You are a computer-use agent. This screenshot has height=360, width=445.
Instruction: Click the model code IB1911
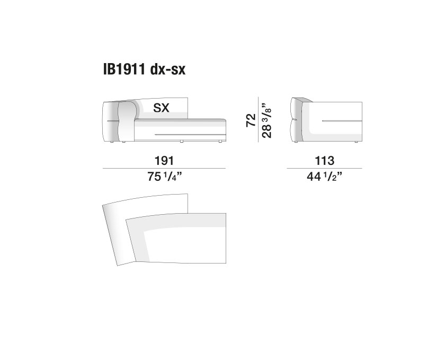124,69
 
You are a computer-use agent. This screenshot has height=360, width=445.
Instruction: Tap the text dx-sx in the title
168,69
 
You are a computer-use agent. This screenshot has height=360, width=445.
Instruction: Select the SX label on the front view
161,108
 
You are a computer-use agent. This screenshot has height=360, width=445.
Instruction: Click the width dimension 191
164,161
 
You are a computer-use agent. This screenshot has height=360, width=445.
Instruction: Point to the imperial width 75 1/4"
164,177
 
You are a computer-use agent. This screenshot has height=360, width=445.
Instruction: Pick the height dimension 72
251,120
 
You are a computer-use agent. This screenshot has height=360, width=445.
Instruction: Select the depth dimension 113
324,161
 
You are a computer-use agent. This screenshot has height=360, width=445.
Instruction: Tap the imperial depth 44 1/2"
324,177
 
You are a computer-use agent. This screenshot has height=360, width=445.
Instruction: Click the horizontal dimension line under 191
164,169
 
